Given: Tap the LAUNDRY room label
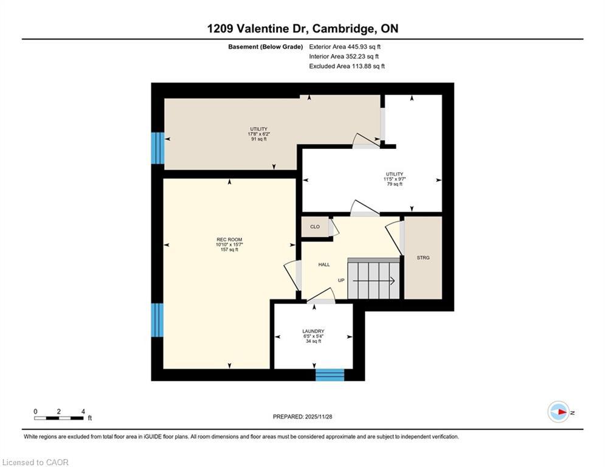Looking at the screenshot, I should click(x=313, y=331).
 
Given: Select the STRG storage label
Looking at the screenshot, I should click(x=423, y=258).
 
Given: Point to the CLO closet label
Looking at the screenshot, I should click(x=315, y=227).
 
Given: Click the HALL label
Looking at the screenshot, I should click(x=324, y=265).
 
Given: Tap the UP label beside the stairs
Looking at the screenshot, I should click(x=342, y=281).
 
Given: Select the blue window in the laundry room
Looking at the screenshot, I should click(x=330, y=375).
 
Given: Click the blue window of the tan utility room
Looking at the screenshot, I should click(x=157, y=148).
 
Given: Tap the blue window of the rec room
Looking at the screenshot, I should click(x=157, y=320).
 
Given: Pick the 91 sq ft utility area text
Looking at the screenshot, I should click(x=258, y=139).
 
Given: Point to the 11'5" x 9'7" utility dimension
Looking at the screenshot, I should click(x=394, y=179).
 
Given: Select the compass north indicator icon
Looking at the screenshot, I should click(x=558, y=412).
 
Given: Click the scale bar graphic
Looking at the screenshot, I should click(x=59, y=418).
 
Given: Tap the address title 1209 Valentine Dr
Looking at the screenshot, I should click(x=302, y=29).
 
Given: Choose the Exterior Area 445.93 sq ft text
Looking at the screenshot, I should click(x=345, y=47).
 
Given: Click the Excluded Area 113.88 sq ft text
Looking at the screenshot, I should click(x=347, y=66).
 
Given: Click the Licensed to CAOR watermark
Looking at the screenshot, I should click(x=35, y=462).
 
